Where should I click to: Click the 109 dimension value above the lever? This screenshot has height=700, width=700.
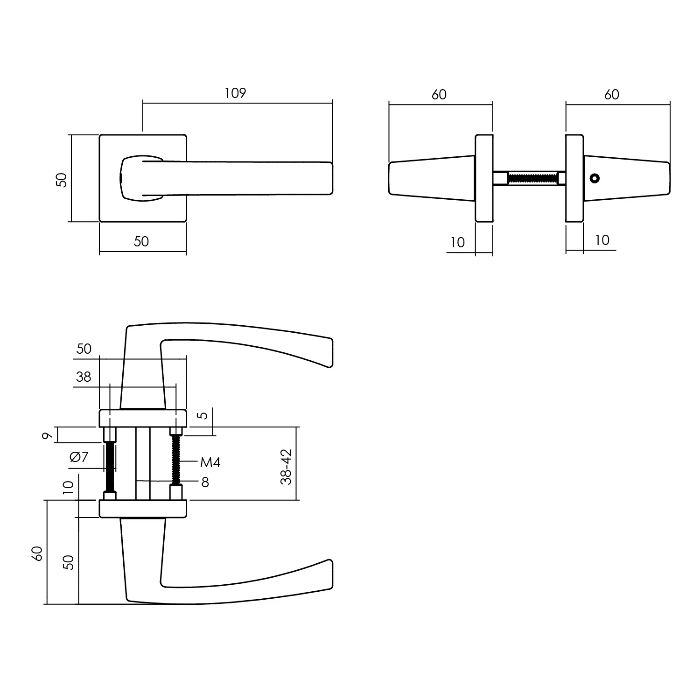click(235, 93)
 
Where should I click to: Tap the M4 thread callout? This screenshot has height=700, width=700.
click(210, 462)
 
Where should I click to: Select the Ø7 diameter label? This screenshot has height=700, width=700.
click(79, 457)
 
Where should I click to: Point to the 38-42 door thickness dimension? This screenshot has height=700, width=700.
click(286, 467)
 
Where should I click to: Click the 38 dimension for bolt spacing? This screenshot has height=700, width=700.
click(84, 377)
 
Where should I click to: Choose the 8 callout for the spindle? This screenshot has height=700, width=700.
click(205, 482)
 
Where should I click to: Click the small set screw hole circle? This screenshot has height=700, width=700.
click(594, 178)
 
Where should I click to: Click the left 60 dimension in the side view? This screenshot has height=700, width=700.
click(439, 95)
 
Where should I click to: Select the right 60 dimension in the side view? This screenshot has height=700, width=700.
click(611, 95)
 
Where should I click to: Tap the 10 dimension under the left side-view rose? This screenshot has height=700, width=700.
click(458, 243)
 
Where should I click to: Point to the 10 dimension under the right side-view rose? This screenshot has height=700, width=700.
click(602, 240)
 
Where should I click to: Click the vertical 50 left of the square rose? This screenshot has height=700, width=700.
click(62, 180)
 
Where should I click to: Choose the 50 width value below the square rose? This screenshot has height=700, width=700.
click(141, 241)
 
